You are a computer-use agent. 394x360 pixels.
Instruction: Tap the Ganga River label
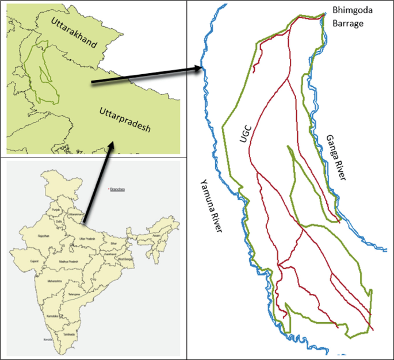[336, 159]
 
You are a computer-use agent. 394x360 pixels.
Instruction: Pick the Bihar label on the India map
[115, 244]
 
